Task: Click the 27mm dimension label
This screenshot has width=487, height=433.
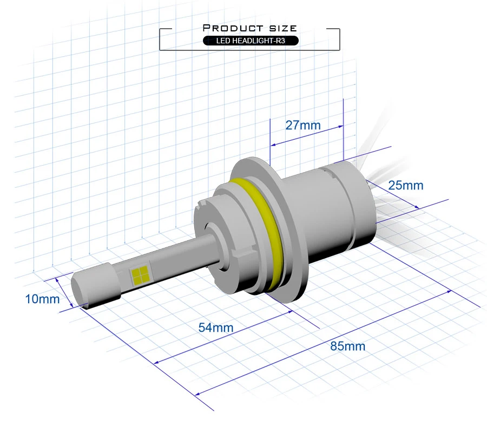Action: [303, 125]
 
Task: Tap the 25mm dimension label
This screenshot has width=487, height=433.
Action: [406, 185]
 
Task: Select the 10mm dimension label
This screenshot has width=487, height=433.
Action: [42, 299]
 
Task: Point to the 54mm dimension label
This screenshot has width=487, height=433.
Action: [216, 327]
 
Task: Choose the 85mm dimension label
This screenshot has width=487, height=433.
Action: [347, 346]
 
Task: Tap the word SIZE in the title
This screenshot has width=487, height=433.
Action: [283, 28]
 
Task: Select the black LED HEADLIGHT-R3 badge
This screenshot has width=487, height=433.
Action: [251, 41]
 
